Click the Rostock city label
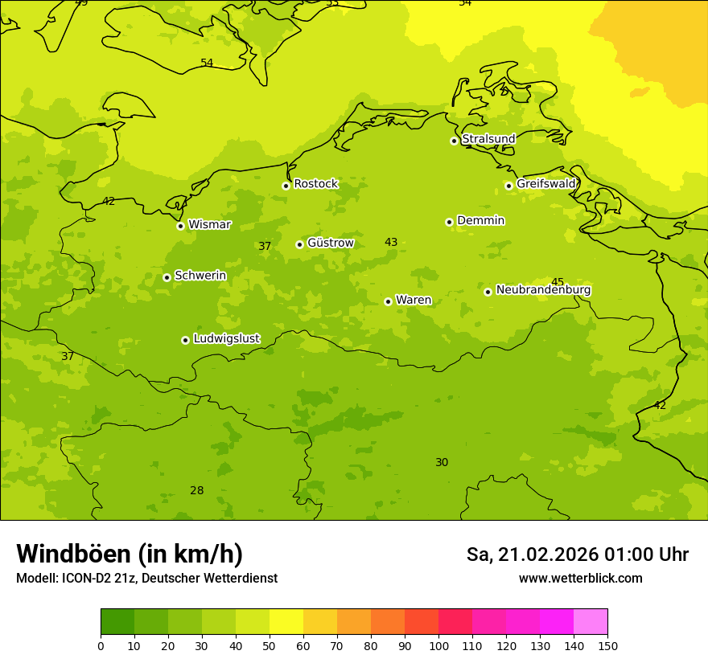[315, 184]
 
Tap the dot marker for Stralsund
[454, 141]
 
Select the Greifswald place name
[545, 184]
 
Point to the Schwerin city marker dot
[167, 277]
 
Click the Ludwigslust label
[226, 339]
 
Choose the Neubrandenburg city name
[543, 290]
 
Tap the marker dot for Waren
[388, 301]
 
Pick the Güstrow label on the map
[330, 243]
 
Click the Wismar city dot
[180, 226]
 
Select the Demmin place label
[480, 221]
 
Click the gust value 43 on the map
[391, 242]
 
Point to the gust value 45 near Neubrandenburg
[558, 282]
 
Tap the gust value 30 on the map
[442, 462]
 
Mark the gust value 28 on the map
[197, 490]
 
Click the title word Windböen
[73, 554]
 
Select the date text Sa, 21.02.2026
[533, 554]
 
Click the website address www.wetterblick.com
[580, 579]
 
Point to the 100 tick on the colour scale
[438, 645]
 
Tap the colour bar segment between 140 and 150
[591, 621]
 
